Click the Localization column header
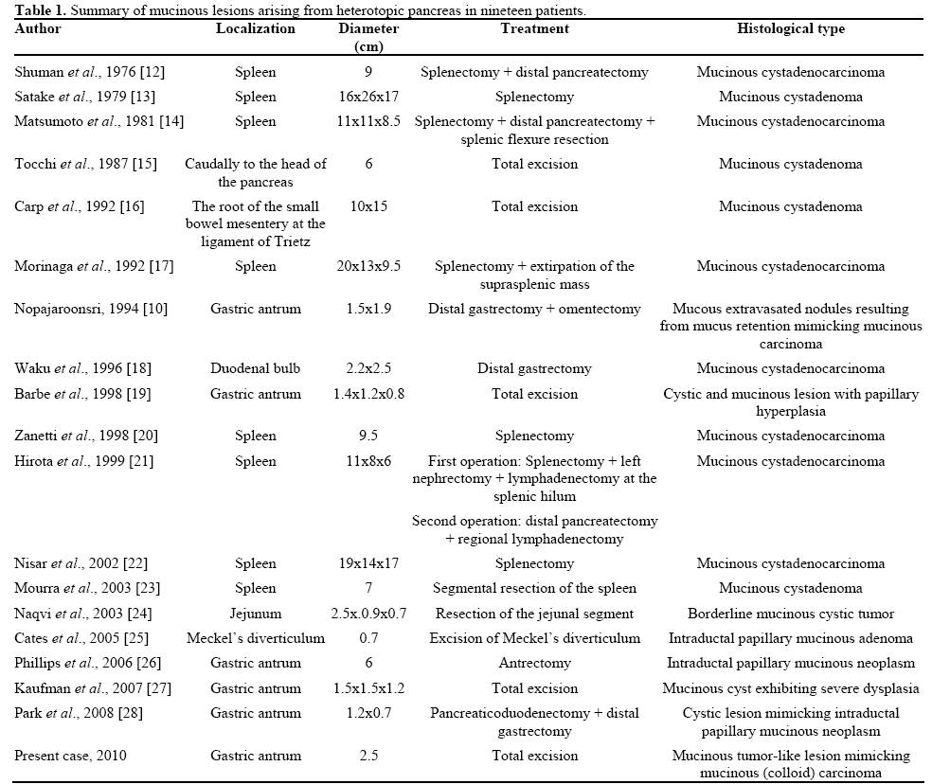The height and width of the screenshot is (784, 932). (255, 29)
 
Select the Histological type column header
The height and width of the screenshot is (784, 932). (790, 29)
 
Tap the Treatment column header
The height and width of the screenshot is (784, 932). (534, 29)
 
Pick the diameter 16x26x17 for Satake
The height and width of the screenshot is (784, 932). (368, 97)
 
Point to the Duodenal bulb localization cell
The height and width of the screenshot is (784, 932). (255, 368)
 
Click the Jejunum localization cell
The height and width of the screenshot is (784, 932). (255, 614)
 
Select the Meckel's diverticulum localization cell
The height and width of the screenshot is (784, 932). (255, 638)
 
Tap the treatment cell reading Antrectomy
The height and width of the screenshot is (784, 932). (534, 663)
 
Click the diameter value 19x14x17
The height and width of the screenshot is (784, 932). (368, 563)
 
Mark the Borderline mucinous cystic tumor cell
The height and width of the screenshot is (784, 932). (790, 614)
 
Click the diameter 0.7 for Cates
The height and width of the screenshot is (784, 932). (368, 638)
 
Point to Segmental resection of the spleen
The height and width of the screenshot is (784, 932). (534, 588)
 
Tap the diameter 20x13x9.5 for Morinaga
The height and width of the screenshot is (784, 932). (368, 266)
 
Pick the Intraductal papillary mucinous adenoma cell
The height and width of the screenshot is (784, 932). (790, 638)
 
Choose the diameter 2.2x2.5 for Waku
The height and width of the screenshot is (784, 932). (368, 368)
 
